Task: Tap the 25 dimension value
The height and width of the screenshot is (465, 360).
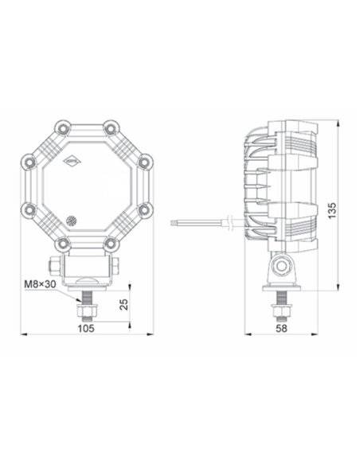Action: pos(122,306)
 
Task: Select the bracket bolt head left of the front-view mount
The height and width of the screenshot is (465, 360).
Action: pos(51,264)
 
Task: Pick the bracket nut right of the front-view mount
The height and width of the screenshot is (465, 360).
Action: pos(116,264)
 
